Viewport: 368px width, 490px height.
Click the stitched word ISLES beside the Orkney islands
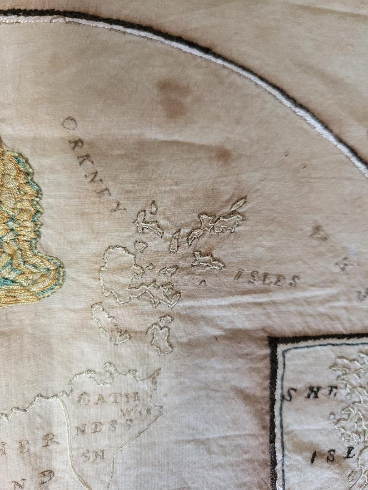click(266, 279)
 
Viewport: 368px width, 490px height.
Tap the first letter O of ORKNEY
click(69, 123)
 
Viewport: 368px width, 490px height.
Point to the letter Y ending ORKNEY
click(119, 208)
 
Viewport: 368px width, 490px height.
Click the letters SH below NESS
click(93, 455)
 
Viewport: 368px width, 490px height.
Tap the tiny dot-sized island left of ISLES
click(202, 282)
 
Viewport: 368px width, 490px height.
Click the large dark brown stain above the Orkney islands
click(174, 97)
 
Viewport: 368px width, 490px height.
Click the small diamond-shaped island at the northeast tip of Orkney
click(239, 203)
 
